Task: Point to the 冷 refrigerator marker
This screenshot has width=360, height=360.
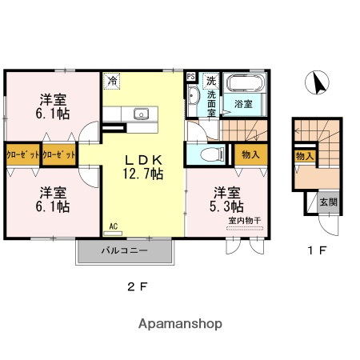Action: [x=113, y=80]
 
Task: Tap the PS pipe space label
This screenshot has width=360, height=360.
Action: [x=190, y=77]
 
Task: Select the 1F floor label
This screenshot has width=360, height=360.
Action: [x=318, y=250]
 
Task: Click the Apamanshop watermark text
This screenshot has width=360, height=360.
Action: [x=180, y=324]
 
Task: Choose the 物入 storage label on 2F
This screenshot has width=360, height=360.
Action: [x=249, y=154]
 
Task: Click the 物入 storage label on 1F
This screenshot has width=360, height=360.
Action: [x=303, y=156]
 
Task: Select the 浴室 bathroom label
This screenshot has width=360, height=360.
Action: [x=243, y=105]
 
